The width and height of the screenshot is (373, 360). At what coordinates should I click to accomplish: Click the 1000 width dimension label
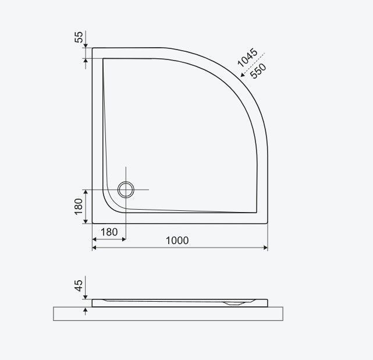point(177,241)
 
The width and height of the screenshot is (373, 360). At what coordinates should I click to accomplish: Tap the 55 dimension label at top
point(79,37)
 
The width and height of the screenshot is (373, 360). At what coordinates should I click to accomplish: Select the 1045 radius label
point(247,58)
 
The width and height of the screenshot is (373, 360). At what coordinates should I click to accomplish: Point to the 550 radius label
point(258,71)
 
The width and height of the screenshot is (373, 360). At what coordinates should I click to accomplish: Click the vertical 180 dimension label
point(78,206)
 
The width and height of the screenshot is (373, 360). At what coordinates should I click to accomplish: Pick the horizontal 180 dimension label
point(109,232)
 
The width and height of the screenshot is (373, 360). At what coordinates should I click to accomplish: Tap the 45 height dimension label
point(79,285)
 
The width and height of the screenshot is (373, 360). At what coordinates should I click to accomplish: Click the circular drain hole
point(126,189)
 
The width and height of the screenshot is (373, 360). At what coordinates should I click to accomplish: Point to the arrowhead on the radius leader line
point(243,75)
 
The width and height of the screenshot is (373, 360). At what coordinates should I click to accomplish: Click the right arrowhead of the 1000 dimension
point(266,248)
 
